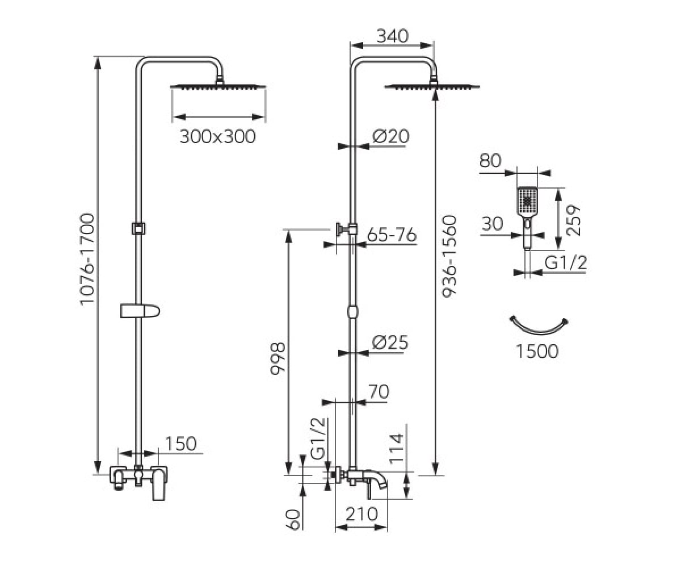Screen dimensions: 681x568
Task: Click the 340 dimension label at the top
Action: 392,36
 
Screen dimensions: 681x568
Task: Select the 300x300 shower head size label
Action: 217,137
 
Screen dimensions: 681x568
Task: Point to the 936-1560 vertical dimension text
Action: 449,256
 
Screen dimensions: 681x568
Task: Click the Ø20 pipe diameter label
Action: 391,136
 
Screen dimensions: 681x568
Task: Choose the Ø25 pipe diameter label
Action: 390,343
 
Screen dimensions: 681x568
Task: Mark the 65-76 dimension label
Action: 392,235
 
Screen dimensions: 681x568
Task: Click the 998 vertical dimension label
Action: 278,359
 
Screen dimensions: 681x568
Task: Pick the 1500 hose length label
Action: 537,351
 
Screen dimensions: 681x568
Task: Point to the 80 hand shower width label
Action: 490,161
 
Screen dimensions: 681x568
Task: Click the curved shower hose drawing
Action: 539,332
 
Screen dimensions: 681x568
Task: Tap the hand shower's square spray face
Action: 527,201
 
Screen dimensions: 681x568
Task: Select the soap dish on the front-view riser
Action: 140,311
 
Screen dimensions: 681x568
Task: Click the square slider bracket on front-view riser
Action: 138,228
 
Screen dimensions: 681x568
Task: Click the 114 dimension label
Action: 397,449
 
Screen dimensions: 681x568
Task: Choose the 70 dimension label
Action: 379,391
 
